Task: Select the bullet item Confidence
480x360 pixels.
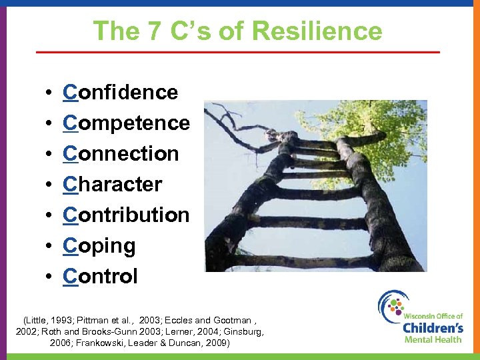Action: click(x=121, y=92)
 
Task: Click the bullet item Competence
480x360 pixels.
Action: click(x=127, y=123)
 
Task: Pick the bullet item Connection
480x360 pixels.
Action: click(x=121, y=153)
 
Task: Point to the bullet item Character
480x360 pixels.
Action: click(x=113, y=184)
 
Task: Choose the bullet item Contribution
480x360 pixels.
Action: click(x=127, y=215)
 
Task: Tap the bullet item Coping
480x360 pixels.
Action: click(x=99, y=246)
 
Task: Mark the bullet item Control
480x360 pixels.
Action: click(x=101, y=276)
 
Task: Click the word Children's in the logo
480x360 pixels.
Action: click(x=433, y=327)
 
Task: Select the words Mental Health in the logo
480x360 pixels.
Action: click(x=433, y=339)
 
